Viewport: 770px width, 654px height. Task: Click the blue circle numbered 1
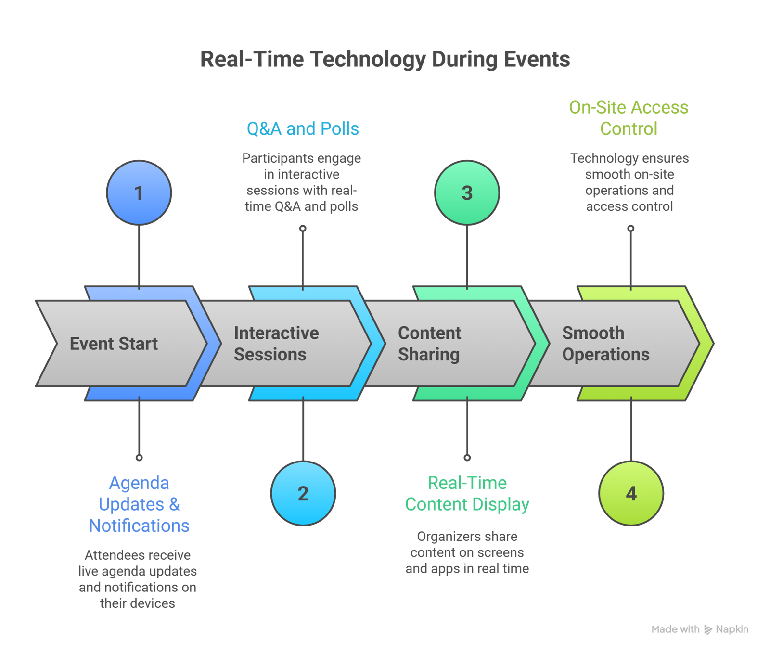click(139, 192)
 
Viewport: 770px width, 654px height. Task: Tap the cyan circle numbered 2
click(303, 493)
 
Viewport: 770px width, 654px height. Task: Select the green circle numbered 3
click(467, 192)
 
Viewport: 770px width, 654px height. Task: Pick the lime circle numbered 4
click(631, 493)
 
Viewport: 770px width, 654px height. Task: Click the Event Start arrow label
click(114, 344)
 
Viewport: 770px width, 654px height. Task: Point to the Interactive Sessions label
click(276, 344)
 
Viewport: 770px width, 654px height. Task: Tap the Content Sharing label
click(429, 344)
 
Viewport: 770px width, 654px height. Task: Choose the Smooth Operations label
click(605, 344)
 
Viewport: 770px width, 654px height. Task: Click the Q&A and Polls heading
click(303, 129)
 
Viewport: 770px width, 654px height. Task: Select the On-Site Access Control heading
click(629, 118)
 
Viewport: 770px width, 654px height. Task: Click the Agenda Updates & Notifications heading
click(139, 504)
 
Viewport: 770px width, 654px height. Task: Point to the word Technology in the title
click(367, 59)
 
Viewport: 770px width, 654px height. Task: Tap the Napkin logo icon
click(707, 629)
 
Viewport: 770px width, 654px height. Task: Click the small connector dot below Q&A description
click(303, 229)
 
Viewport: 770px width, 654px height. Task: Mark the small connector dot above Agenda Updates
click(139, 457)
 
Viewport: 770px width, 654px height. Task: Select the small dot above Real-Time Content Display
click(467, 457)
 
